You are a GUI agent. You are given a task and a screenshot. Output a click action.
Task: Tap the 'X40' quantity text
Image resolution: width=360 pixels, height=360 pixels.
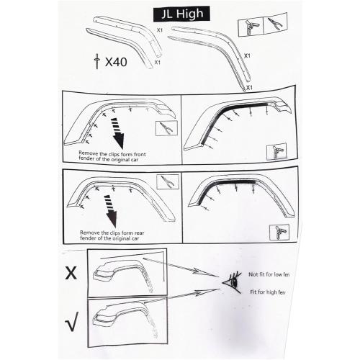click(x=115, y=61)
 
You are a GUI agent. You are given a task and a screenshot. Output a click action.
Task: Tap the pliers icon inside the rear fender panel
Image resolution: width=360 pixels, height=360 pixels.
click(x=167, y=181)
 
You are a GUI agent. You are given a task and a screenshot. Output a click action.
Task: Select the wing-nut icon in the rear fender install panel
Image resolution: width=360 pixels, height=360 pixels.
click(x=279, y=230)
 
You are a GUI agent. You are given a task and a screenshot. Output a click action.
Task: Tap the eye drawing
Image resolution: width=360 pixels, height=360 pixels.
click(x=232, y=279)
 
